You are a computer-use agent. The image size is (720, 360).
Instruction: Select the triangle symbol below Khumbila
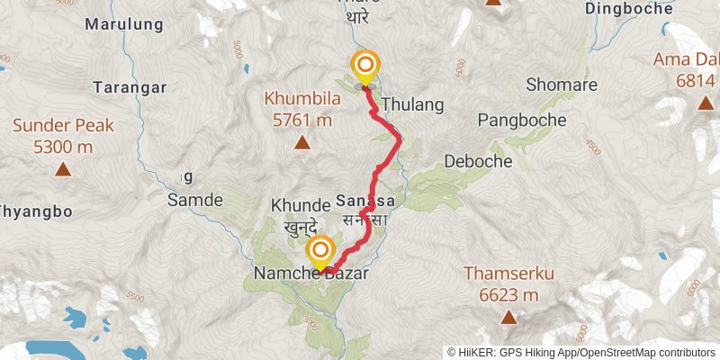301,142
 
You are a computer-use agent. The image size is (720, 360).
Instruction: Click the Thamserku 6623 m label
508,283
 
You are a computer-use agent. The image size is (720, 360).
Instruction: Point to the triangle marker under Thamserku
509,317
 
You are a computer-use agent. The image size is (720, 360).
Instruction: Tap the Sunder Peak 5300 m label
62,134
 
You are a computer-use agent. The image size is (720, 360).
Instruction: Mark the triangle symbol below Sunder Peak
63,169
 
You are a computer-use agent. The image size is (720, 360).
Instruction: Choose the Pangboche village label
522,120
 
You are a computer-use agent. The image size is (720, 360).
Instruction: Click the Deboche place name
478,161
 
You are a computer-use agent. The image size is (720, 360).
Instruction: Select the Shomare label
555,86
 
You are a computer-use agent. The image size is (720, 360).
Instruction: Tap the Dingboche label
628,8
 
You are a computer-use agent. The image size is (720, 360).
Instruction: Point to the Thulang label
413,104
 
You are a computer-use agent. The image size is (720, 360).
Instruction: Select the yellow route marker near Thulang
365,66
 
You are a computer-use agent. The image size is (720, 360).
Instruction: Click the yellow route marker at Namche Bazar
320,249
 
